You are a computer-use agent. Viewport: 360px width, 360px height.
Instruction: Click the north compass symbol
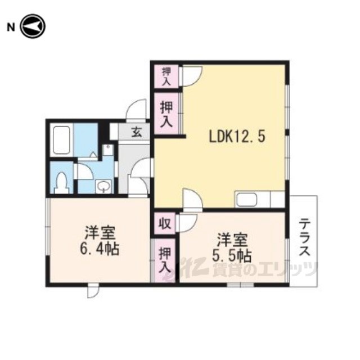click(33, 26)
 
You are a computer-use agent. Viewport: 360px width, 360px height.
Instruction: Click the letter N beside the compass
click(11, 28)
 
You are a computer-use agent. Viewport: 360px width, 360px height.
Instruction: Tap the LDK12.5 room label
click(237, 137)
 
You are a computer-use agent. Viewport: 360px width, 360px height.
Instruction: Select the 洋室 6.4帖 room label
click(99, 241)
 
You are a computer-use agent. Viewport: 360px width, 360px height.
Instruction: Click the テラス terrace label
click(305, 237)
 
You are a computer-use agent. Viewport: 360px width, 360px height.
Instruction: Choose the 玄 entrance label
click(137, 133)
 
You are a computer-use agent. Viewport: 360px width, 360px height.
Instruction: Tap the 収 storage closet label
click(165, 224)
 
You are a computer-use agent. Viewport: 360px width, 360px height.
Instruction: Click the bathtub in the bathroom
click(61, 140)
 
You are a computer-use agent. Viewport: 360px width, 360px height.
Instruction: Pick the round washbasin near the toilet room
click(103, 186)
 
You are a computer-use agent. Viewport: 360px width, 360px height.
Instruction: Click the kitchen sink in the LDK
click(246, 199)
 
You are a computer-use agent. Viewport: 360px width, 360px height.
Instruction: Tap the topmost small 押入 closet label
click(166, 76)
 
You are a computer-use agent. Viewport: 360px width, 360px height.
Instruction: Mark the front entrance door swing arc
click(136, 109)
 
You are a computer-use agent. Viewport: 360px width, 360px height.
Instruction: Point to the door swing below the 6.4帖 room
click(93, 292)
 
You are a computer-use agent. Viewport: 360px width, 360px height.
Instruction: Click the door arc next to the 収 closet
click(189, 224)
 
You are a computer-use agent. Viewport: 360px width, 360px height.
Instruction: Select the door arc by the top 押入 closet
click(192, 76)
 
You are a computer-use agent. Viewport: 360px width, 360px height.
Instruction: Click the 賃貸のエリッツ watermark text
click(265, 269)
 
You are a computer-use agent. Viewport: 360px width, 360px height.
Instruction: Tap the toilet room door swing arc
click(85, 171)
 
